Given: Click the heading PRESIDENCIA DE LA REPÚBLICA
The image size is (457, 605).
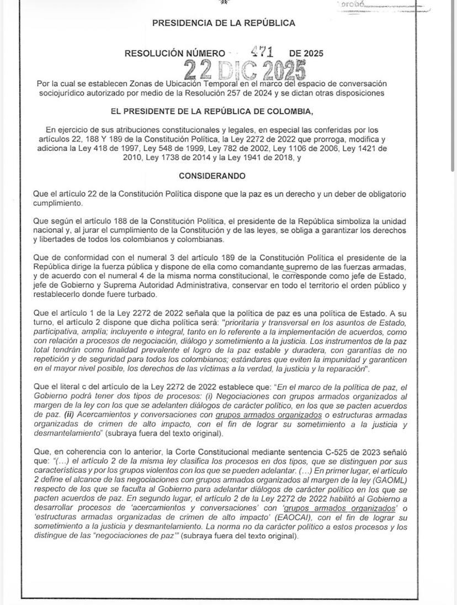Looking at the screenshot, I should tap(223, 23).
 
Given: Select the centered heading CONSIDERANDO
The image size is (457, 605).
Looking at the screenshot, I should tap(212, 176).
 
